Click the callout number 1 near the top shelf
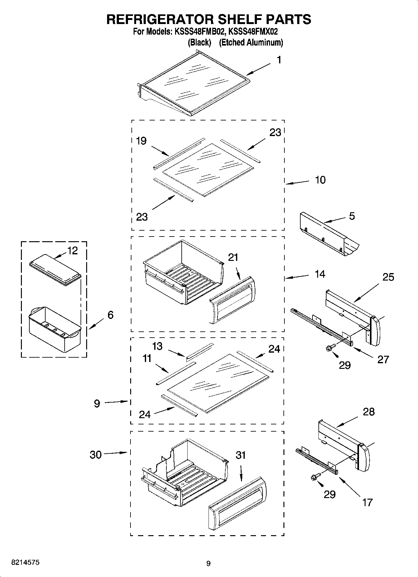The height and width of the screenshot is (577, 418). tap(279, 60)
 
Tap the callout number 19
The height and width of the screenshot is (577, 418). tap(141, 141)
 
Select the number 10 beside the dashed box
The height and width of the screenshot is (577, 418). tap(320, 180)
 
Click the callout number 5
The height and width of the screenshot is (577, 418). tap(352, 216)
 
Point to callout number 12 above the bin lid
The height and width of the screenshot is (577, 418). tap(72, 251)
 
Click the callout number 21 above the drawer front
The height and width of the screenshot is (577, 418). tap(233, 257)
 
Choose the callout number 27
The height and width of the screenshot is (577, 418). tap(383, 359)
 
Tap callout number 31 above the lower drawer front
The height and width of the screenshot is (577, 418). tap(241, 455)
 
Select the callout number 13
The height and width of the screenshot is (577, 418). tap(157, 346)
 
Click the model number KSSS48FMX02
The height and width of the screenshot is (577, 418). tap(253, 32)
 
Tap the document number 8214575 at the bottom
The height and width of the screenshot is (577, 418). tap(25, 563)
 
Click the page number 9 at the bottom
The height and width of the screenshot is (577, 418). tap(209, 563)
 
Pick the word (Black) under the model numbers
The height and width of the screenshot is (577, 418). tap(199, 43)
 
